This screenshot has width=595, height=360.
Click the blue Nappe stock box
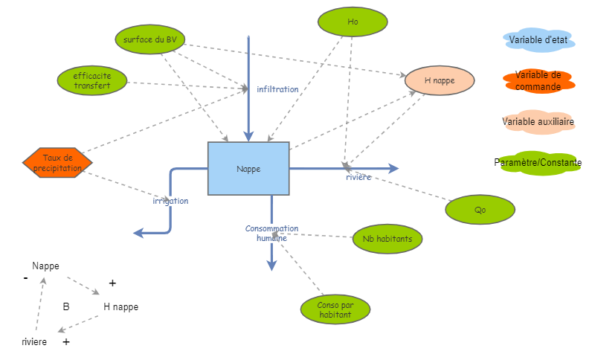click(248, 168)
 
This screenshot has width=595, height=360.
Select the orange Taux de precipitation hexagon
click(58, 162)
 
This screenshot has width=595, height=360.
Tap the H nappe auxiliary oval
click(440, 80)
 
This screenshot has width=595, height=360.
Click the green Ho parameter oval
click(353, 22)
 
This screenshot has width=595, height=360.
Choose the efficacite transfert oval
click(92, 80)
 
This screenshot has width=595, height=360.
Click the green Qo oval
click(480, 210)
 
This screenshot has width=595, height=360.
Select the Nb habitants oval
click(387, 239)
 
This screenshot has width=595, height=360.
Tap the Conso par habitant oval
click(335, 310)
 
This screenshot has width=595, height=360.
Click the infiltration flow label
click(277, 89)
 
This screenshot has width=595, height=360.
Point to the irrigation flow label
click(170, 201)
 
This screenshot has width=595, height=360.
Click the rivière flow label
click(358, 177)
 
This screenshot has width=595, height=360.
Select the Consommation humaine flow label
click(271, 233)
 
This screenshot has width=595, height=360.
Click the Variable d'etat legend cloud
click(537, 39)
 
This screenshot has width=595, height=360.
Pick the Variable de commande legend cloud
click(537, 80)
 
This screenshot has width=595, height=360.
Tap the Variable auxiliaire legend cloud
click(537, 121)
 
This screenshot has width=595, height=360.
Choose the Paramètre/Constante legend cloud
click(537, 162)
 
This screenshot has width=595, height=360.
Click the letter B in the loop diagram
click(66, 306)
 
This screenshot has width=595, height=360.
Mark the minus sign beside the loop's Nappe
click(26, 278)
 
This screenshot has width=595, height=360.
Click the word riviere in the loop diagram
click(34, 342)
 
